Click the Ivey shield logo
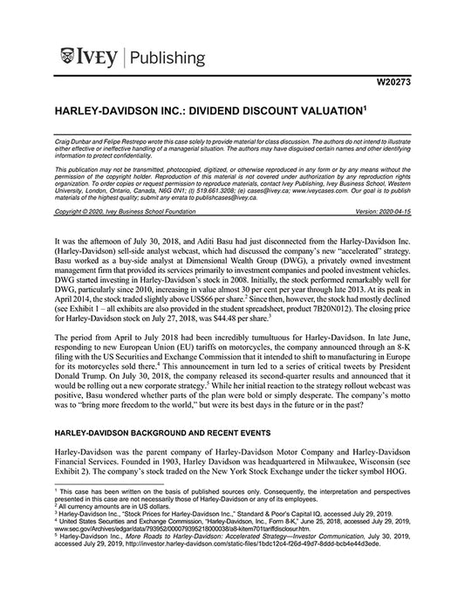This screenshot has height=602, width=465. [69, 58]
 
